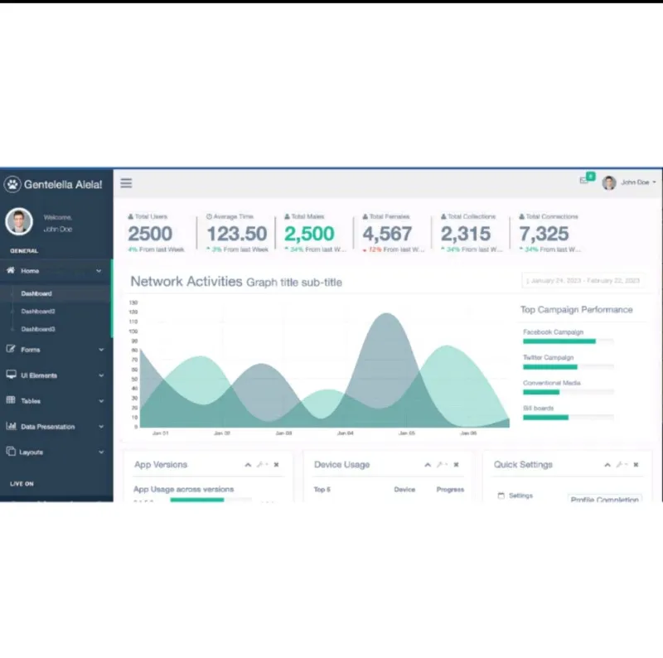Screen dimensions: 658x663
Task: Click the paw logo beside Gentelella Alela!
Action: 12,184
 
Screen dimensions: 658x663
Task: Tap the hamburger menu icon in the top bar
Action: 126,183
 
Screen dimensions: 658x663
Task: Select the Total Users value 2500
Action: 150,235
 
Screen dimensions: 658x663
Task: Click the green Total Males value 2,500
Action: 309,235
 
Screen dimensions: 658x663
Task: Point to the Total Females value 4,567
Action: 387,235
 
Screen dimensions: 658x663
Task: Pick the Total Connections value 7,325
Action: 544,235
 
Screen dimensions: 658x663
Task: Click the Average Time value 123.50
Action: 237,235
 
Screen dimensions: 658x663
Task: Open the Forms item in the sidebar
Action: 31,350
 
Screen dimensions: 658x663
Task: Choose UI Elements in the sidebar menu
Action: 39,375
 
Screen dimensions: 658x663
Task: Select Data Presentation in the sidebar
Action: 47,427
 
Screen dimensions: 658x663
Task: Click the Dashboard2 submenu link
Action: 38,312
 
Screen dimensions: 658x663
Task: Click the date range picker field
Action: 584,281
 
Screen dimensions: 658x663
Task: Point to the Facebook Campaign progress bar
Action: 568,341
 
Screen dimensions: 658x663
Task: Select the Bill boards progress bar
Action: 568,417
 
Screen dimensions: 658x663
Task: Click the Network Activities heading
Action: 186,282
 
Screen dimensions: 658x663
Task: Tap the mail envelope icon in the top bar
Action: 584,181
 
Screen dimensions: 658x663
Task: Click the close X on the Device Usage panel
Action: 456,465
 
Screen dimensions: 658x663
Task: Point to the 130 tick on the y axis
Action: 133,302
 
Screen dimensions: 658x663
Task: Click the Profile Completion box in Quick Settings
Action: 605,500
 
